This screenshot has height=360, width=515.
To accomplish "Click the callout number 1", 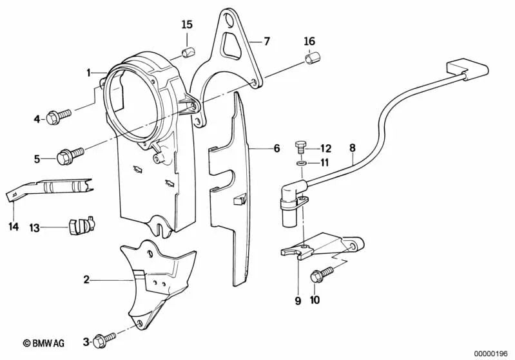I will tap(90, 73).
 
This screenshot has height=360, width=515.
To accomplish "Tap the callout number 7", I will tap(267, 41).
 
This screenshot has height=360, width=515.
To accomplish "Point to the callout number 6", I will tap(277, 148).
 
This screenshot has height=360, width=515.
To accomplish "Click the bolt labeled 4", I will tap(64, 117).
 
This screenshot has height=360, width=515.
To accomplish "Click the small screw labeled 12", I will tap(300, 147).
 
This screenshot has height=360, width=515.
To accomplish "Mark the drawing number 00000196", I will tap(492, 353).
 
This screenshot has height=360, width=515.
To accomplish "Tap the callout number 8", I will tap(353, 148).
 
